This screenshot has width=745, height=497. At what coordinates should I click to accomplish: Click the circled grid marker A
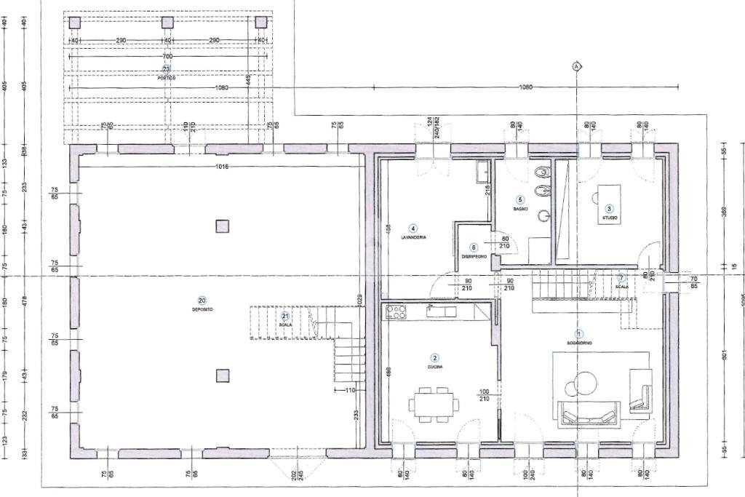pos(577,66)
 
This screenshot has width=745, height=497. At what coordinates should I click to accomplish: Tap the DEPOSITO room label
pos(202,309)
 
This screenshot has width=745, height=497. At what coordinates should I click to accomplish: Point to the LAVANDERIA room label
pos(413,237)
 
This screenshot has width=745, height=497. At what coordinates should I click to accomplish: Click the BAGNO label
pos(520,208)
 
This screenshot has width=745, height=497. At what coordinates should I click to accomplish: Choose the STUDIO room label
pos(609,218)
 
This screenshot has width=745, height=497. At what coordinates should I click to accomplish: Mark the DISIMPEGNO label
pos(474,256)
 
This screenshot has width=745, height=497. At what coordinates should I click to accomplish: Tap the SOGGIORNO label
pos(580,342)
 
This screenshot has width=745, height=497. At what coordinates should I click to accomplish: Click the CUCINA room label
pos(435,367)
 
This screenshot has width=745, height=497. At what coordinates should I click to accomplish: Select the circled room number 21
pos(285,316)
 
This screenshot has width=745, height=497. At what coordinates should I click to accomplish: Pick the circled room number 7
pos(621,278)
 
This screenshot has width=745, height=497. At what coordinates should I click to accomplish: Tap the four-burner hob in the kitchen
pos(397,312)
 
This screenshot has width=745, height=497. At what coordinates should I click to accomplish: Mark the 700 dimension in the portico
pos(167,56)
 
